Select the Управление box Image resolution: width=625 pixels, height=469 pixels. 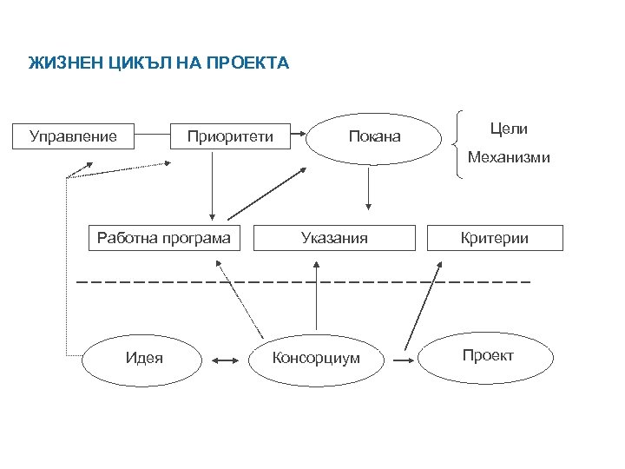coord(73,136)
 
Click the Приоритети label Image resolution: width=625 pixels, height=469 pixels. coord(231,136)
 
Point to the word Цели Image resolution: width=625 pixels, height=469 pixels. coord(509,129)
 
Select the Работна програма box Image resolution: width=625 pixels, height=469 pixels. coord(163,238)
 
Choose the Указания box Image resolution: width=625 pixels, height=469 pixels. coord(334,238)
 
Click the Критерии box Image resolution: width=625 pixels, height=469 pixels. coord(495,238)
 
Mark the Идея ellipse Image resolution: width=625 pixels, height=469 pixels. coord(144,357)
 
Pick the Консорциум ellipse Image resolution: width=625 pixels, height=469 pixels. coord(316,358)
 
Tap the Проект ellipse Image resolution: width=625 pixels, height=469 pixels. coord(487,356)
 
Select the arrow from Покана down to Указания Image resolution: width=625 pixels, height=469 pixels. coord(369,188)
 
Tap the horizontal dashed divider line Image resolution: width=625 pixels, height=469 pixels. coord(304,282)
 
